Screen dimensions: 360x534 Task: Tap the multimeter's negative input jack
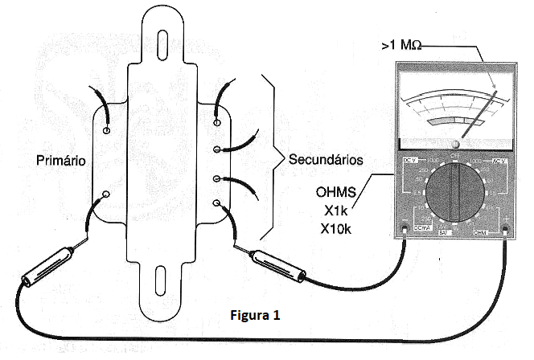405,232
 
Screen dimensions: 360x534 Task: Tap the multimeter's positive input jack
505,233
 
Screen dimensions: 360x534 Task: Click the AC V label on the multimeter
499,162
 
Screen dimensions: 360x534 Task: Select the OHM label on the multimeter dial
481,233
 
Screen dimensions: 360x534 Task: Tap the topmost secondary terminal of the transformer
216,123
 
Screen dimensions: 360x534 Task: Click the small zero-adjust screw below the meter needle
455,144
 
